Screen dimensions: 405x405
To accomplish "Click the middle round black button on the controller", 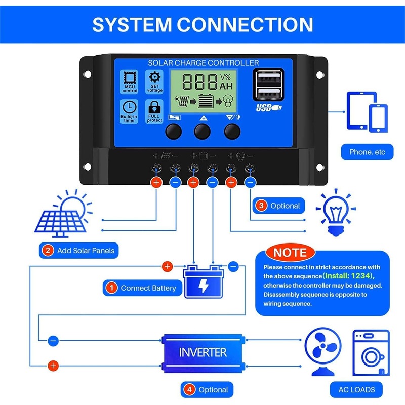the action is (x=202, y=131).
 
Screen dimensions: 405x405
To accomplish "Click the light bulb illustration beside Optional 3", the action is (x=336, y=213).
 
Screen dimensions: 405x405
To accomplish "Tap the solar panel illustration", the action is (x=63, y=214).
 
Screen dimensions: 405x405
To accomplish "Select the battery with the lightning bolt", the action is (x=204, y=281).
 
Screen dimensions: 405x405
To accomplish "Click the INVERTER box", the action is (x=204, y=353).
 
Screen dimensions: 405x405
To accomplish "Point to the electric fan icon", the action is (x=323, y=351).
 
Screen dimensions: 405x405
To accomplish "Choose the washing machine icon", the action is (x=371, y=352).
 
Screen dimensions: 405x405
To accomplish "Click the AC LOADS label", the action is (x=356, y=389).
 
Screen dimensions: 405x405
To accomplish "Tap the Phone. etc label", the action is (x=367, y=152).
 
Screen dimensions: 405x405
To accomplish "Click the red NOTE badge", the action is (x=290, y=253).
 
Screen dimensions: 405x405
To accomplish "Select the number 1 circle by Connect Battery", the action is (x=111, y=288).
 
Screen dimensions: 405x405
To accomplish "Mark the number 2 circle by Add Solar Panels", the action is (x=48, y=250).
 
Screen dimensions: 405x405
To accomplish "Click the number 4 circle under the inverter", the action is (x=189, y=389).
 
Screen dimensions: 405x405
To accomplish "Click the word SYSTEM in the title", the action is (x=132, y=25).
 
